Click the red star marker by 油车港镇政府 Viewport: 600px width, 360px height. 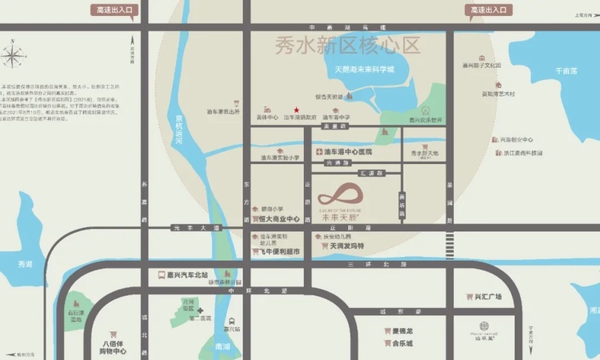click(297, 110)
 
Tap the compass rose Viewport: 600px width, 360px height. click(14, 57)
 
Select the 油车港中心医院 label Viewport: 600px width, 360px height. click(349, 151)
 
